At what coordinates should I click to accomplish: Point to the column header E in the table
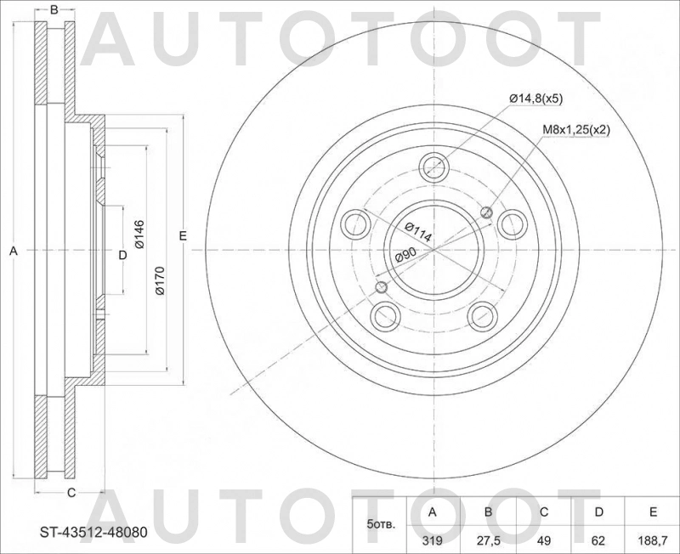click(653, 512)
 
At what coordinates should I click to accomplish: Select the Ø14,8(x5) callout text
click(535, 99)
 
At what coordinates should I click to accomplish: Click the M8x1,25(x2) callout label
click(577, 130)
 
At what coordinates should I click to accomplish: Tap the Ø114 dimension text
click(418, 232)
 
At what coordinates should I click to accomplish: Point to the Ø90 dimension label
click(405, 255)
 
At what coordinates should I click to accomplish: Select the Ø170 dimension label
click(161, 280)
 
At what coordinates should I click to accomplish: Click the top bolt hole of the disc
click(434, 165)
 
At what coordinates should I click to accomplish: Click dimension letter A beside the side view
click(13, 251)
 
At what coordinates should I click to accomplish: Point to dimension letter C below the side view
click(71, 493)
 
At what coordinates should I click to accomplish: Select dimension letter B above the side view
click(54, 10)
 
